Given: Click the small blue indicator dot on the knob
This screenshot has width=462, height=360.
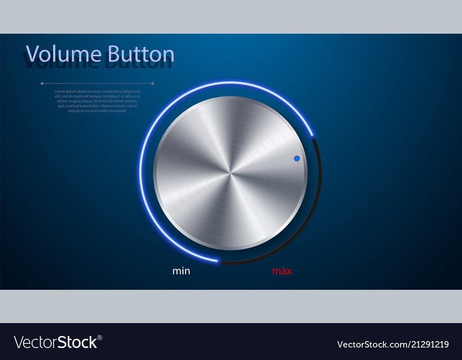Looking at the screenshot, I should (297, 158).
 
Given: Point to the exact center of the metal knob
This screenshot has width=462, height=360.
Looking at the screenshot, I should (230, 173).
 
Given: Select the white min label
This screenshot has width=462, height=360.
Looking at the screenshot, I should (181, 271).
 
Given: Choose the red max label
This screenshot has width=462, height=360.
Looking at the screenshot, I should (282, 271).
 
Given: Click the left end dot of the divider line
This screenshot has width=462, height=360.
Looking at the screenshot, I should (42, 84).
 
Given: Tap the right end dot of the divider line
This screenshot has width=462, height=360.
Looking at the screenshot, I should (153, 84).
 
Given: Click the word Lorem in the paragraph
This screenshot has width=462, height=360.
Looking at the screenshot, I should (60, 91).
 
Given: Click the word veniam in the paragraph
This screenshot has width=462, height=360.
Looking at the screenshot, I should (131, 101).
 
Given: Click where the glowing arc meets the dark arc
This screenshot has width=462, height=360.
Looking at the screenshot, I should (313, 136).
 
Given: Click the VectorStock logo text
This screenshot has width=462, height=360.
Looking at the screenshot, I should (55, 342).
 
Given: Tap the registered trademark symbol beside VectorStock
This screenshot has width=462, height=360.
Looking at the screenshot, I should (100, 337).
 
